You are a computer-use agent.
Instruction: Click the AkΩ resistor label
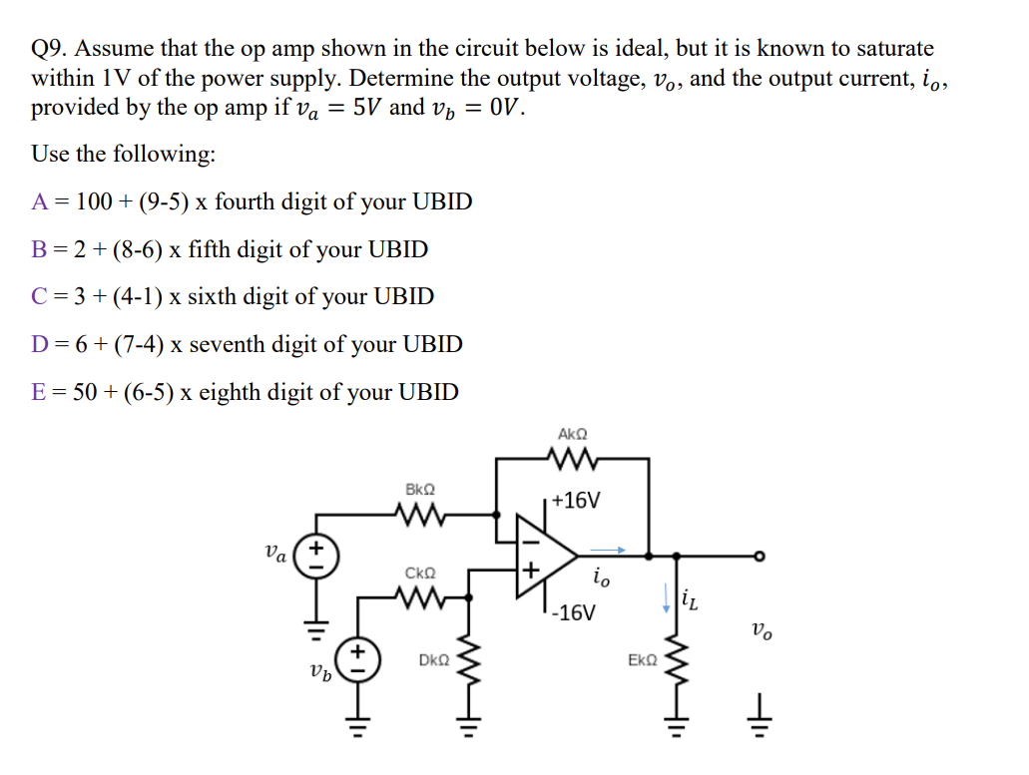click(573, 435)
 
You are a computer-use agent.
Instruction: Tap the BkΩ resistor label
click(420, 490)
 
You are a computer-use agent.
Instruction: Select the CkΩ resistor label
click(420, 574)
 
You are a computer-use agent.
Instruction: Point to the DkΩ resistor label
click(433, 660)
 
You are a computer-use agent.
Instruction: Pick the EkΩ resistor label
click(642, 660)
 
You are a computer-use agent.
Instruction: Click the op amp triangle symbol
click(543, 556)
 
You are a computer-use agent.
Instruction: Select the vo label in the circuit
click(761, 629)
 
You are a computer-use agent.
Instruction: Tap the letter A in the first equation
click(40, 201)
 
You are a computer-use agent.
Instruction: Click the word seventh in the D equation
click(228, 345)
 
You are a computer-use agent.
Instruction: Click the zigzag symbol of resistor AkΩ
click(573, 460)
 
